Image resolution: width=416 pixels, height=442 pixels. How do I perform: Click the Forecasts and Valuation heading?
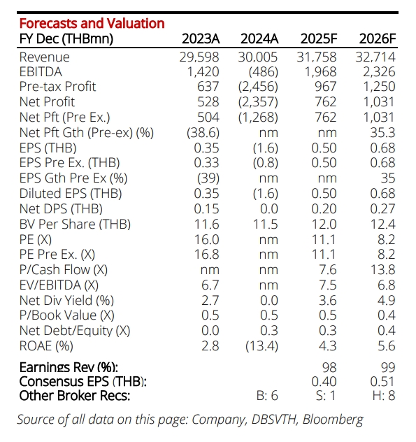(92, 23)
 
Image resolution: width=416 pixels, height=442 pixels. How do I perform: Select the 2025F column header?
(319, 38)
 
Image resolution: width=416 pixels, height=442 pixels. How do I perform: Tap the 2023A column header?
(201, 38)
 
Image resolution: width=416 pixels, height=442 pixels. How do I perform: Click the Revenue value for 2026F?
(375, 57)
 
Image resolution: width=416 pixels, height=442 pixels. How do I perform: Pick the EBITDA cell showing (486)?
(264, 72)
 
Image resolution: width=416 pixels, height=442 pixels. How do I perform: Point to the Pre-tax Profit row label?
(57, 87)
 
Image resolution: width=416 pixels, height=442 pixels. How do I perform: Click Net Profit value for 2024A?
(258, 102)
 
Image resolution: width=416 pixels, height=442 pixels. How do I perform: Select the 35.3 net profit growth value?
(382, 132)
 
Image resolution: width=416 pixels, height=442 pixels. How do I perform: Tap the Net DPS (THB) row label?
(61, 209)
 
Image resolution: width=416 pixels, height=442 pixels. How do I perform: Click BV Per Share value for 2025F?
(324, 224)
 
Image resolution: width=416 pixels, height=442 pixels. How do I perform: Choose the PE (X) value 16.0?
(206, 240)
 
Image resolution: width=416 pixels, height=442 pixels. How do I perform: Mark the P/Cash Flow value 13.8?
(382, 270)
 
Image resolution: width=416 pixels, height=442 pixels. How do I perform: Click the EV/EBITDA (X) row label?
(59, 285)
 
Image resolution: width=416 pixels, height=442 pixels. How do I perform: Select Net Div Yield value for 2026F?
(387, 301)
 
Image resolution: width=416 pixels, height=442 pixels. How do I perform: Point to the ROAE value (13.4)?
(261, 346)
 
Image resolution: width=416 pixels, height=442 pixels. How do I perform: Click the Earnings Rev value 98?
(329, 367)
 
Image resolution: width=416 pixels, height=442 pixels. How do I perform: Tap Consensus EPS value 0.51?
(382, 382)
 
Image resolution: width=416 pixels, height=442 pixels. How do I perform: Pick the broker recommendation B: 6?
(267, 396)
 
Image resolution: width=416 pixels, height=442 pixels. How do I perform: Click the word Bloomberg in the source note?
(333, 420)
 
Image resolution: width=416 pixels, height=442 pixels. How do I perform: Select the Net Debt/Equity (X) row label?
(75, 331)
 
